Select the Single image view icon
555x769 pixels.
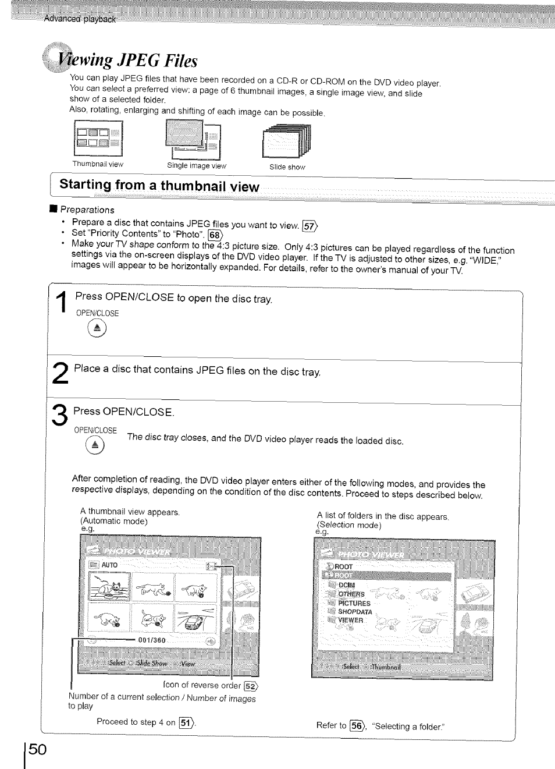[193, 139]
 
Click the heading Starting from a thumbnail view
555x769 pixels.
[159, 186]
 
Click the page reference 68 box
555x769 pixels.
[215, 235]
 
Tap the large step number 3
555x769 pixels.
[61, 416]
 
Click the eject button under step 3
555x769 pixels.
[94, 446]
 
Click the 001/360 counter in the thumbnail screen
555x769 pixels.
[152, 640]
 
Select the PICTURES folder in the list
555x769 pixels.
[354, 604]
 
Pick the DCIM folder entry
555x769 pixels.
[346, 586]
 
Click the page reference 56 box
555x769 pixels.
[356, 726]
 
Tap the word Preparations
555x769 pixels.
[87, 210]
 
